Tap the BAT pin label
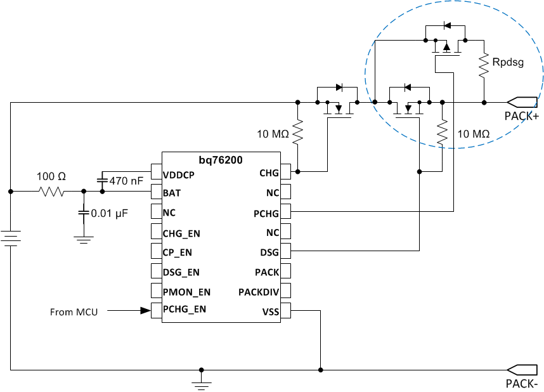[171, 192]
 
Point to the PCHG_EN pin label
[184, 310]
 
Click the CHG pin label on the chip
[268, 173]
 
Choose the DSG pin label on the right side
[268, 252]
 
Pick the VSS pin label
[269, 311]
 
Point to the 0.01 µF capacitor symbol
[83, 213]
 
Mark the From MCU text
[74, 312]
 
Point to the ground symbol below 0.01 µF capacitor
[83, 239]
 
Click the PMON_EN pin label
[186, 291]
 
